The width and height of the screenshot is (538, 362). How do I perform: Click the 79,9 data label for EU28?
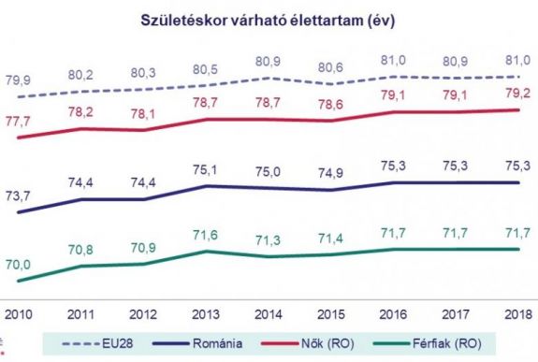19,78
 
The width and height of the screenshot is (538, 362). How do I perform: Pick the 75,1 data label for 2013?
206,169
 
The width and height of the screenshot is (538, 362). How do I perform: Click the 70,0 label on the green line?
19,265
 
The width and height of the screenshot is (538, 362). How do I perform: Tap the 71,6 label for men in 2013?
206,233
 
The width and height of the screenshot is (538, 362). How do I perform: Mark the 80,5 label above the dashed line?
206,69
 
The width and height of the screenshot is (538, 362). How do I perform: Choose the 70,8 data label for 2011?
81,249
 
